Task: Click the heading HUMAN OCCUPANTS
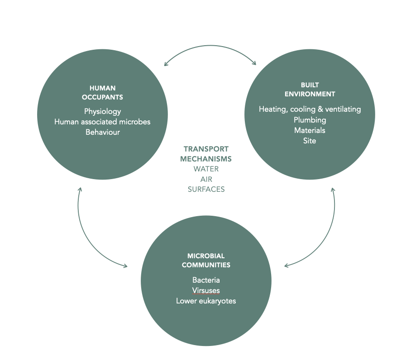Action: click(102, 93)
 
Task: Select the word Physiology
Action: click(102, 111)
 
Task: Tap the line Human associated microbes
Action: click(102, 122)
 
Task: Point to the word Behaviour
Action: click(102, 132)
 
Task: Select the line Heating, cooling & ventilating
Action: click(310, 109)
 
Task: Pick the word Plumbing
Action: click(310, 120)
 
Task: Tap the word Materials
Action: click(310, 130)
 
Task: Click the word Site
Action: click(310, 141)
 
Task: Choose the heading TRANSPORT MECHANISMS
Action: click(206, 154)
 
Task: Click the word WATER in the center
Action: click(206, 169)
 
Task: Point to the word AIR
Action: click(206, 179)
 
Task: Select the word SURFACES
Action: click(206, 189)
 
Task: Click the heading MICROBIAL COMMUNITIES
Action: click(206, 261)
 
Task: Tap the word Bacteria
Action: click(206, 280)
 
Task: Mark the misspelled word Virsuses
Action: click(206, 290)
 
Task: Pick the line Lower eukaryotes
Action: click(206, 301)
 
